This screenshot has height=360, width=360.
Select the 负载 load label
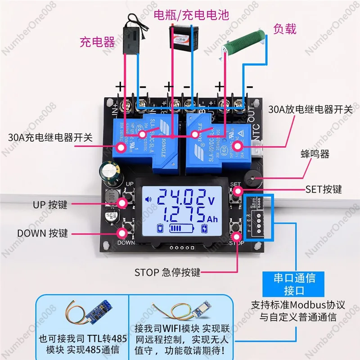point(285,30)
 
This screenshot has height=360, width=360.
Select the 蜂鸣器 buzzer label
point(315,154)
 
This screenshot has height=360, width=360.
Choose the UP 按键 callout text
point(49,205)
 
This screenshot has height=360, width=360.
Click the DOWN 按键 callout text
point(42,233)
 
